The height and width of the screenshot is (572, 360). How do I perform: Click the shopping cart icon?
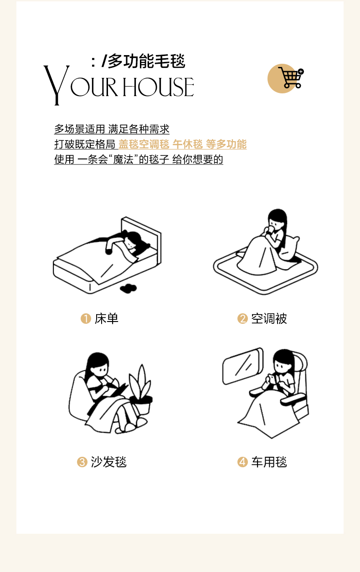(x=291, y=77)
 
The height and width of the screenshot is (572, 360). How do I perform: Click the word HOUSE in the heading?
(x=159, y=87)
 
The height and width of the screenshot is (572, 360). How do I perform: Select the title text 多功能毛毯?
(x=147, y=61)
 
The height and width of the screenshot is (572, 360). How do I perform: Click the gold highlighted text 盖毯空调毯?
(x=144, y=144)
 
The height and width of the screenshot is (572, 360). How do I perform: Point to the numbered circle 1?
(x=86, y=318)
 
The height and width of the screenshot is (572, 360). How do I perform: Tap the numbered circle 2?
(x=242, y=318)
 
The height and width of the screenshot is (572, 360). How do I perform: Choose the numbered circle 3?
(x=82, y=462)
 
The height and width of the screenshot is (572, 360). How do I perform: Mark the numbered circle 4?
(x=242, y=462)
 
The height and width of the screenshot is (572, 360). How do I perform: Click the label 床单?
(x=107, y=319)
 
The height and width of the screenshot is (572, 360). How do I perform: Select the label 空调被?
(x=269, y=319)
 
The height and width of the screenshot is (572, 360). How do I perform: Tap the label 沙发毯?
(x=108, y=462)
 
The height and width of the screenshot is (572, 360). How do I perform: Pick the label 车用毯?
(x=269, y=462)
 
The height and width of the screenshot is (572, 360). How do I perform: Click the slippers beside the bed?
(x=128, y=288)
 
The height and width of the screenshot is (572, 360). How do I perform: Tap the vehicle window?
(x=243, y=366)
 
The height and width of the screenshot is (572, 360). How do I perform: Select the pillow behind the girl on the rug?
(x=289, y=249)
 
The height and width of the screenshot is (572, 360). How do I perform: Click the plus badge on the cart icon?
(x=301, y=71)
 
